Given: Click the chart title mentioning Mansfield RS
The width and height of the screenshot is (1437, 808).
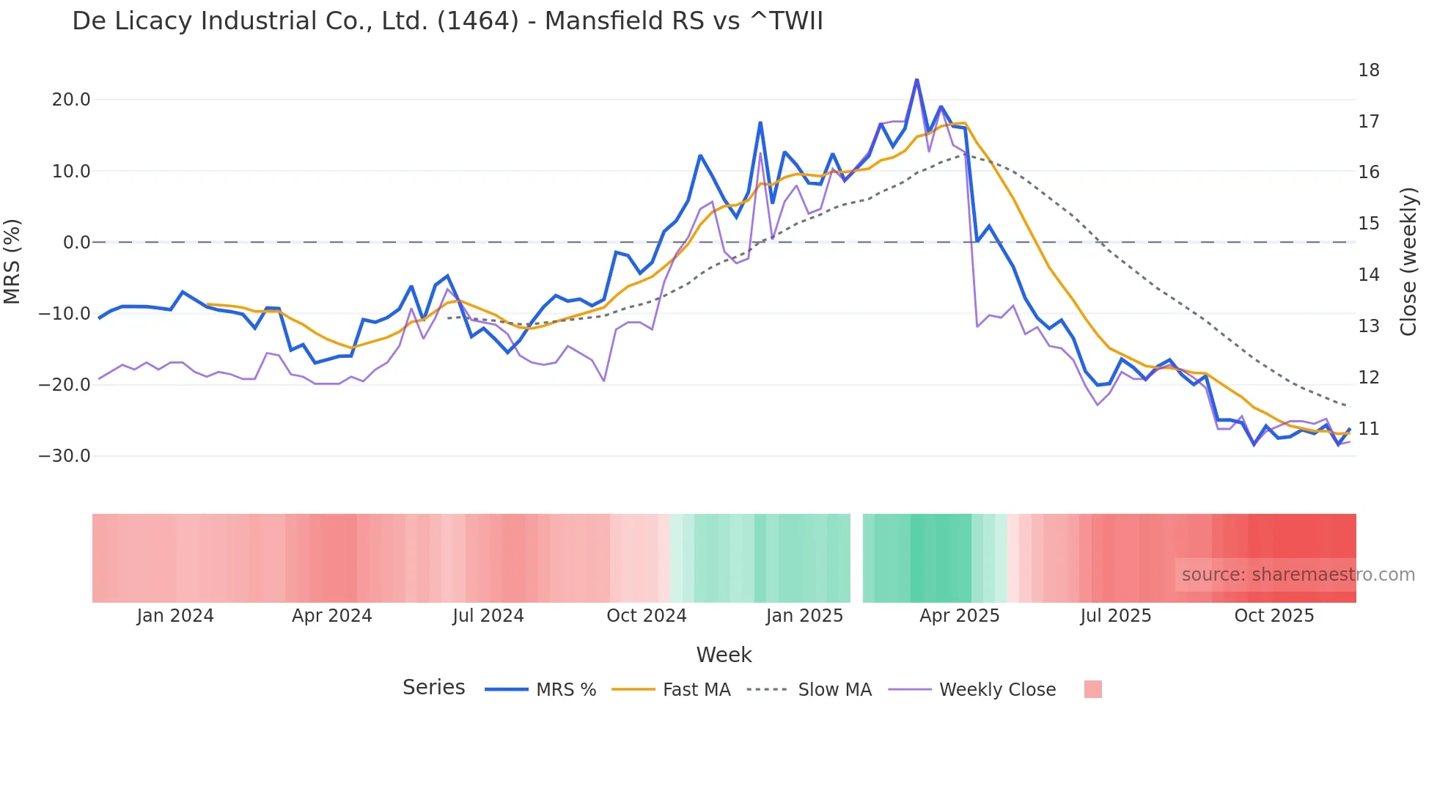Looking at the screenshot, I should [447, 21].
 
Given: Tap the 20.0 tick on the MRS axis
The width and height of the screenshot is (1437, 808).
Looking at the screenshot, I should [71, 100].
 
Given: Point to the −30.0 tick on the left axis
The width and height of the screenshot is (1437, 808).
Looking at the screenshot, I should [65, 456].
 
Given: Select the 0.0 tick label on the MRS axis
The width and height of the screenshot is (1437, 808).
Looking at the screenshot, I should [76, 243].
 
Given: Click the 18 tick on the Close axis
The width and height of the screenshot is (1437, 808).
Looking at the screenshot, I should [1368, 70].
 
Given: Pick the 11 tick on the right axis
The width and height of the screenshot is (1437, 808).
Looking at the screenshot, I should [1368, 429].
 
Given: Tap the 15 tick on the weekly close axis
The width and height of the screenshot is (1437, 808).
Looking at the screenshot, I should [1368, 224].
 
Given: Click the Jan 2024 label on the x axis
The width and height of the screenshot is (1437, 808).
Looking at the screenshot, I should [175, 616].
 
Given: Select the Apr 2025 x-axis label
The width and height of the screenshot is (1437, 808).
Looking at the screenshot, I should [959, 616].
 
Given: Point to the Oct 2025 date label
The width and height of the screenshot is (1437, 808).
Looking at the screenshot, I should [1274, 616].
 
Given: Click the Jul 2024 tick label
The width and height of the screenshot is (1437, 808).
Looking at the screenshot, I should [488, 616].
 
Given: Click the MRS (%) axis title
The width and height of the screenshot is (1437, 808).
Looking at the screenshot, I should [12, 261].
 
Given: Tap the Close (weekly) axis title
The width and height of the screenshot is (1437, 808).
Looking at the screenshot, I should [1408, 262].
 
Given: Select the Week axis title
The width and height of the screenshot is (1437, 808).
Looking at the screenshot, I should [724, 655].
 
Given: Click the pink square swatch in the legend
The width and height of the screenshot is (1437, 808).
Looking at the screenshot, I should [1092, 690].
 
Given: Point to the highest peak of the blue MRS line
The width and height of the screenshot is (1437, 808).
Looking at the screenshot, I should [916, 79].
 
